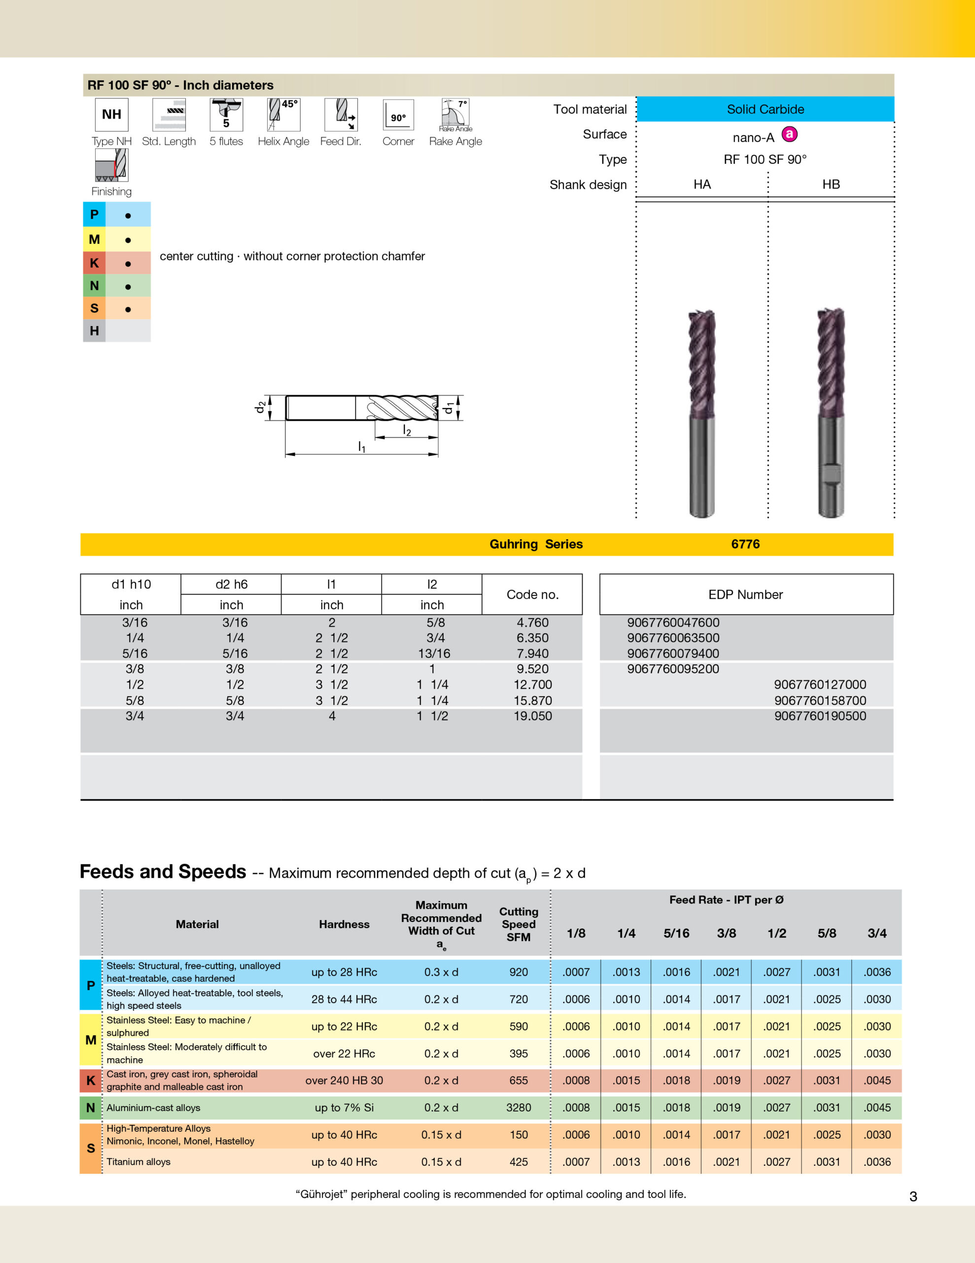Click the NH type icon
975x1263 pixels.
pyautogui.click(x=111, y=114)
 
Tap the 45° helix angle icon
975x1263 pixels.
pyautogui.click(x=283, y=114)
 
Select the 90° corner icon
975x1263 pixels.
pyautogui.click(x=398, y=115)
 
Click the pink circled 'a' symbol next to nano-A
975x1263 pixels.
pyautogui.click(x=790, y=134)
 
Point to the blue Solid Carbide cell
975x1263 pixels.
pyautogui.click(x=765, y=110)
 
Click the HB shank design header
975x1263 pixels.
pyautogui.click(x=831, y=185)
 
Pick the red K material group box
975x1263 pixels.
pyautogui.click(x=94, y=263)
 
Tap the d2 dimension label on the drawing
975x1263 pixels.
pyautogui.click(x=261, y=407)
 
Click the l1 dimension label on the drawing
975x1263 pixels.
pyautogui.click(x=362, y=446)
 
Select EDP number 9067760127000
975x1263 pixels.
pyautogui.click(x=820, y=685)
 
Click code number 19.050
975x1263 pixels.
pyautogui.click(x=532, y=716)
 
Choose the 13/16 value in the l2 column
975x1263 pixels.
pyautogui.click(x=434, y=654)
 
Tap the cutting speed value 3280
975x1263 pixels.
pyautogui.click(x=519, y=1108)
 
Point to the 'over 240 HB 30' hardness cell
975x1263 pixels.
pyautogui.click(x=344, y=1080)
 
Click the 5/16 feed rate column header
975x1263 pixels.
pyautogui.click(x=676, y=933)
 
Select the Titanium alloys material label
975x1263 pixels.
pyautogui.click(x=139, y=1162)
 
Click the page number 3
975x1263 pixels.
pyautogui.click(x=913, y=1196)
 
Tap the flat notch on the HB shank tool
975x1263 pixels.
pyautogui.click(x=832, y=474)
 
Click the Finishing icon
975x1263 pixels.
pyautogui.click(x=111, y=165)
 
